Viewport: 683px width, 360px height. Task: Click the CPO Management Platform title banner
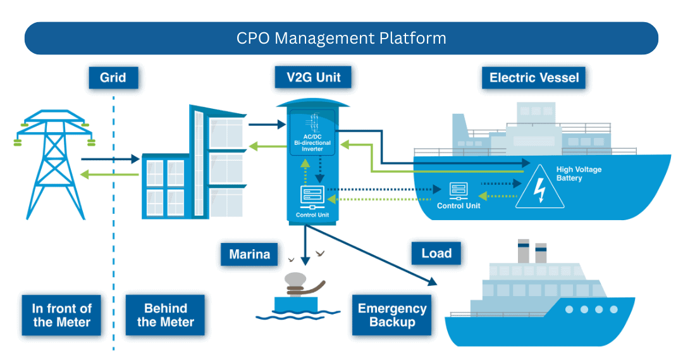point(341,38)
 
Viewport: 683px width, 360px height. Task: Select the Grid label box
point(113,78)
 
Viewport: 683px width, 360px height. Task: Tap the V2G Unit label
point(313,77)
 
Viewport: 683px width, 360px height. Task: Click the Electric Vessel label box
point(534,78)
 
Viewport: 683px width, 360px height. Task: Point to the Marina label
point(249,254)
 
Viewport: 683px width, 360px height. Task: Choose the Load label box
point(436,253)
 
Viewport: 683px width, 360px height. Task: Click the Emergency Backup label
point(392,315)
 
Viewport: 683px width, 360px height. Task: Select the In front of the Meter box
point(61,315)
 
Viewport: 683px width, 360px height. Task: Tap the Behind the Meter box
point(165,315)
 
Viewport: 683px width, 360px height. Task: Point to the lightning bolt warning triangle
point(539,187)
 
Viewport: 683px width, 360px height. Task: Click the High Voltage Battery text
point(578,174)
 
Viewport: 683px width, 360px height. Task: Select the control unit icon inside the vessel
point(458,190)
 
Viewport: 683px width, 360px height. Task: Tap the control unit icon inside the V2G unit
point(312,195)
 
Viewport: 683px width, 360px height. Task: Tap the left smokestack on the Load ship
point(523,251)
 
